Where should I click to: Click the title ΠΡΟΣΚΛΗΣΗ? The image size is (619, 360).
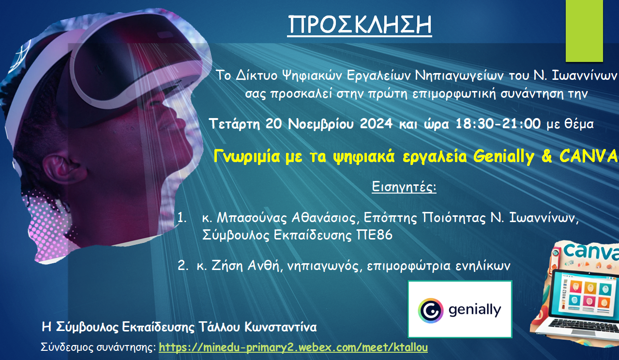point(360,25)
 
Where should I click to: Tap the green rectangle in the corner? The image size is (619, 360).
point(584,30)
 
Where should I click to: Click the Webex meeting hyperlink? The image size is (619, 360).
point(293,347)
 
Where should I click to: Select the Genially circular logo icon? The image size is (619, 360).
point(431,311)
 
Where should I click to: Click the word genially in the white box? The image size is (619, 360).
point(475,310)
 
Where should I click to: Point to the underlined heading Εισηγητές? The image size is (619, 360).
point(404,186)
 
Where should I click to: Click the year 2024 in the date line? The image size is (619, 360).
point(376,123)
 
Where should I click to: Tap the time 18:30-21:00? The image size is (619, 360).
point(498,123)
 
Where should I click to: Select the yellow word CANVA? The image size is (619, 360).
point(589,156)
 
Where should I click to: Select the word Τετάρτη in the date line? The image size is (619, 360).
point(235,124)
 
